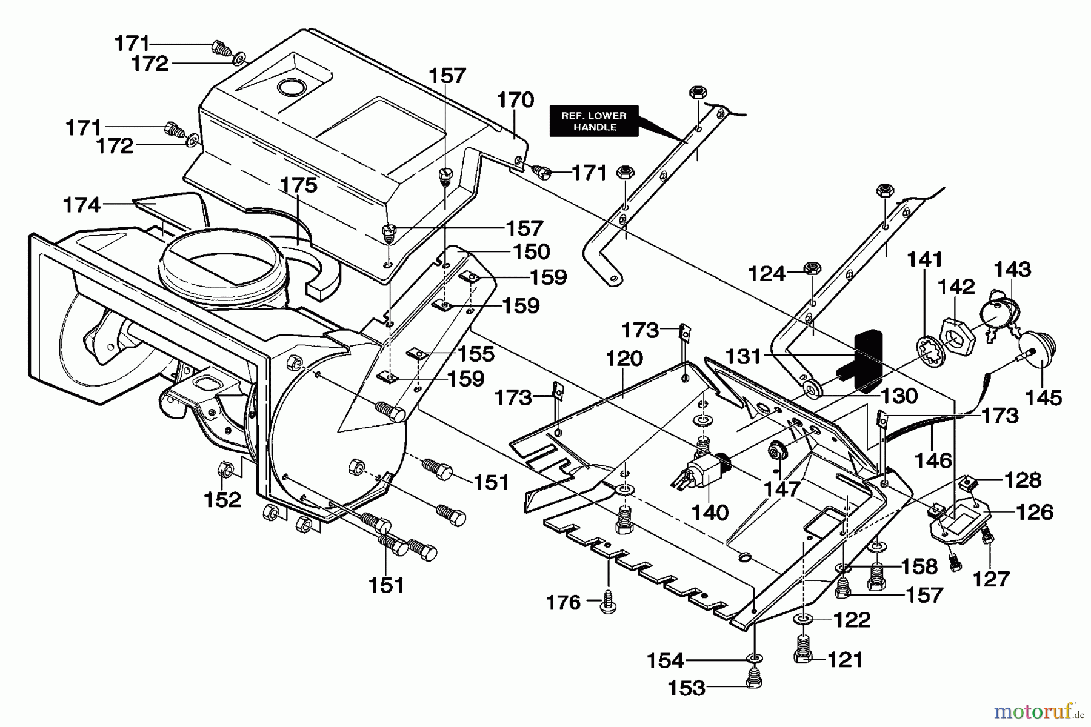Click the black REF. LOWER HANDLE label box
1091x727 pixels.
pos(593,121)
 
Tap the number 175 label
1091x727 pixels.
pos(299,185)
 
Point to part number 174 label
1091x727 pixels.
pos(82,205)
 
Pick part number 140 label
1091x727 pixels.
pos(710,513)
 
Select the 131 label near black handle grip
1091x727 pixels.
pos(743,356)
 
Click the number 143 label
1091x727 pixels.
pos(1012,269)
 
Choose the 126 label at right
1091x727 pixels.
pos(1035,513)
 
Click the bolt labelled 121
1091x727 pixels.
pos(802,650)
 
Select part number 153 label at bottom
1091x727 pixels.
pos(687,688)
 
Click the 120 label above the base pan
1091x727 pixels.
pos(624,359)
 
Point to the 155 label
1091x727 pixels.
pos(477,353)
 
